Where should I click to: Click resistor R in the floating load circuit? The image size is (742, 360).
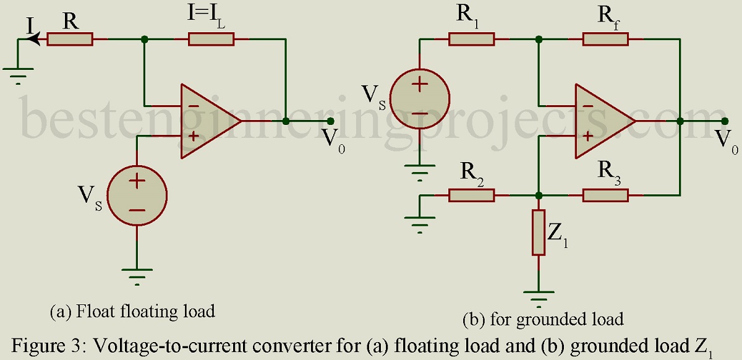[x=70, y=39]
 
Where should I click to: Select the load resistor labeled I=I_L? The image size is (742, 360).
[x=211, y=39]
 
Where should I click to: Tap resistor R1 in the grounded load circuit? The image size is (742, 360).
[x=472, y=39]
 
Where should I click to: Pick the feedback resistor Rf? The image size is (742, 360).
[x=605, y=39]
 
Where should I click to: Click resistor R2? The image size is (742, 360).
[x=472, y=195]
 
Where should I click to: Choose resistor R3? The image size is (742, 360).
[x=605, y=195]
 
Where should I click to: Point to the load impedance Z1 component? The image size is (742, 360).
[x=539, y=233]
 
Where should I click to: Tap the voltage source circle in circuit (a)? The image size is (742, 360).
[x=137, y=196]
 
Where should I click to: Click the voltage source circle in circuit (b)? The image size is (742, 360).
[x=420, y=99]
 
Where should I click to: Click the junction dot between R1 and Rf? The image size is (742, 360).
[x=539, y=40]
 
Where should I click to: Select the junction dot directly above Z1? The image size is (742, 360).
[x=539, y=195]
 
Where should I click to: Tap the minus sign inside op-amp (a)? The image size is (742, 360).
[x=194, y=106]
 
